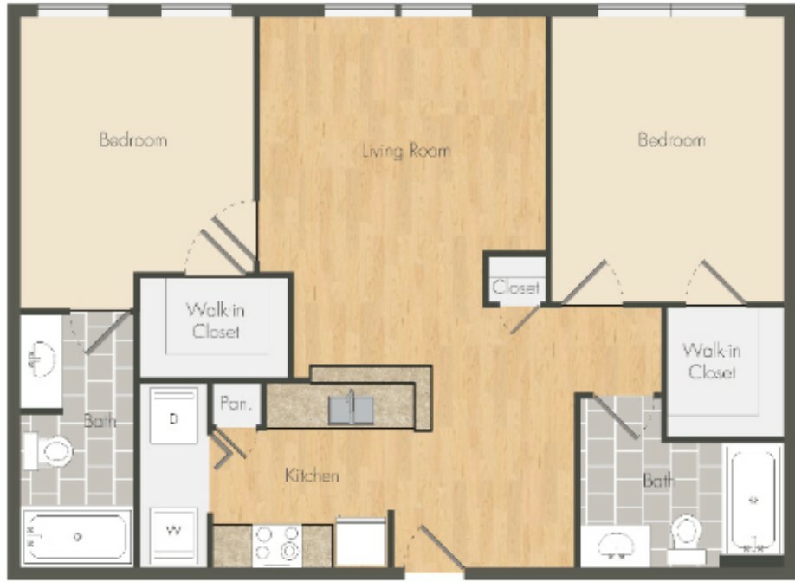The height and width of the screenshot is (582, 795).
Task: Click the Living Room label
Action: coord(407,151)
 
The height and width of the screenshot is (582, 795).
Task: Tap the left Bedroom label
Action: coord(133,139)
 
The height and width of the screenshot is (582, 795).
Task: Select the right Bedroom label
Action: coord(671,139)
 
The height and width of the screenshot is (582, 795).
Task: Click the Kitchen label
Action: coord(312,475)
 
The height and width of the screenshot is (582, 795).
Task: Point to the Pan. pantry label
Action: coord(236,404)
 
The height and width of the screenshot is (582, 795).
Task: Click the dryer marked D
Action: coord(173,416)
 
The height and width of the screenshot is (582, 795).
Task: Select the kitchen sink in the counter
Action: coord(351,410)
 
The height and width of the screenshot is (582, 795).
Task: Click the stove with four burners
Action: coord(277,546)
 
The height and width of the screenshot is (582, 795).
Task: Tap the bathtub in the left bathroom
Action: coord(77,536)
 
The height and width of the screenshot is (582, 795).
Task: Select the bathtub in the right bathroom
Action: coord(753,500)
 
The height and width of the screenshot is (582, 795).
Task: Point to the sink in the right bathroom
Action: coord(616,546)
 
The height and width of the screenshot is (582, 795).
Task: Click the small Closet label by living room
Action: coord(515,288)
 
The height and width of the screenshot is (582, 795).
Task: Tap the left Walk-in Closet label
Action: coord(216,320)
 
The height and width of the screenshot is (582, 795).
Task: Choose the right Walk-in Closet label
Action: coord(711,361)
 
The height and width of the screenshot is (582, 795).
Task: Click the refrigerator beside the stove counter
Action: coord(361,541)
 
